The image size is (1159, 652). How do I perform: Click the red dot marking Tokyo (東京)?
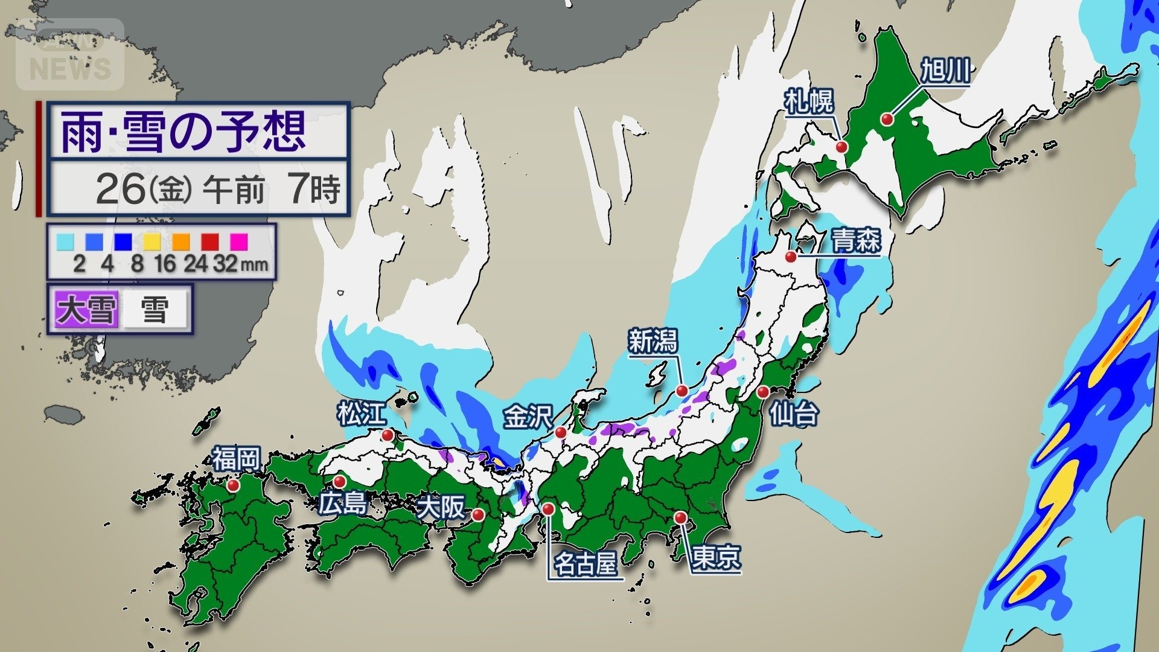(x=680, y=518)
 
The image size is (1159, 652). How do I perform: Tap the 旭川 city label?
(x=945, y=71)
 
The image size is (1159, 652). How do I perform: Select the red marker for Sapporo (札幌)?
(x=841, y=147)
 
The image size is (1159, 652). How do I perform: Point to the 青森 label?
(x=856, y=241)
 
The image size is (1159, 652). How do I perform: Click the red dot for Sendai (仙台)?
(x=763, y=392)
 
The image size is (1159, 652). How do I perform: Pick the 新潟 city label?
(x=653, y=342)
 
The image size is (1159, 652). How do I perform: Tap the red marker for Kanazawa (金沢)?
(x=561, y=433)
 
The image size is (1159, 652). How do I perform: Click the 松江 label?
(x=361, y=415)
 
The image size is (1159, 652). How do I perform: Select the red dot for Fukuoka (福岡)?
(x=234, y=485)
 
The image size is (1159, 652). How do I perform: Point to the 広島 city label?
(x=343, y=503)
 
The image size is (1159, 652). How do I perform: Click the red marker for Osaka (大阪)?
(x=478, y=515)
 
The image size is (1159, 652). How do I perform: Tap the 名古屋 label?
(x=585, y=565)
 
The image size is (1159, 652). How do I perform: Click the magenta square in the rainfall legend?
(x=239, y=241)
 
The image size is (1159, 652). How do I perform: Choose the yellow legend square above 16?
(x=152, y=241)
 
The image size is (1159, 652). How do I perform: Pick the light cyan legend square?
(x=65, y=241)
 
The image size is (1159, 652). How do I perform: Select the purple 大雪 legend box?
(x=86, y=310)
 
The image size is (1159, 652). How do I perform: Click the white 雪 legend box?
(x=155, y=310)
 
